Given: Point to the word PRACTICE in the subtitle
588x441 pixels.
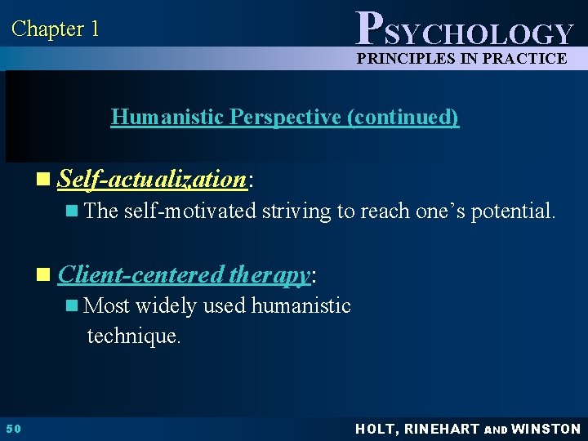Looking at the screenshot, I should [x=523, y=58].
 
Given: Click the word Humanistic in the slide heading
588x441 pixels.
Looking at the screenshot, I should [x=168, y=117].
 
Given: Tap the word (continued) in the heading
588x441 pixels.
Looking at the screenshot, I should [x=403, y=117].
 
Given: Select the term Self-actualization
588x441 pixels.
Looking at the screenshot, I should [x=152, y=179].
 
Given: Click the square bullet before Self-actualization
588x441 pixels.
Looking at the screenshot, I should [x=50, y=180].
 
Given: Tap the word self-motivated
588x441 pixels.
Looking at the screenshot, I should [x=190, y=212].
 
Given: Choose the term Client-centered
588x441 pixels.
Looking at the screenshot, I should [x=140, y=275].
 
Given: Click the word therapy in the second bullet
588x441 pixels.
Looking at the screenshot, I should [x=269, y=276].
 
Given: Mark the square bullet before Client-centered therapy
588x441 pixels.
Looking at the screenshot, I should [x=50, y=276].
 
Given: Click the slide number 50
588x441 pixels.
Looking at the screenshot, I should [x=13, y=429].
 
